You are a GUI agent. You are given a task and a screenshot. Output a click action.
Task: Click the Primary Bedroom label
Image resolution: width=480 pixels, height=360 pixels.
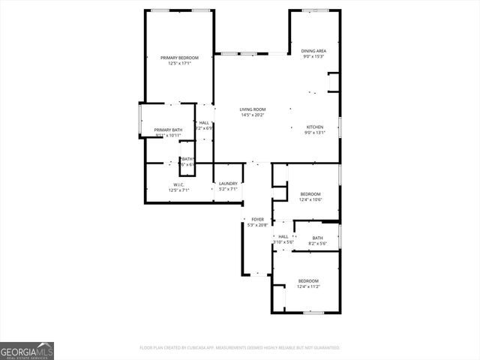click(179, 58)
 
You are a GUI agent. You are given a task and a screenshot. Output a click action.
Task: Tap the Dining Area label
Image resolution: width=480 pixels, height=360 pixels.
click(313, 51)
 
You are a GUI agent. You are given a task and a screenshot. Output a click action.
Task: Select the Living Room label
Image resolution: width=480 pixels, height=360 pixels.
click(253, 109)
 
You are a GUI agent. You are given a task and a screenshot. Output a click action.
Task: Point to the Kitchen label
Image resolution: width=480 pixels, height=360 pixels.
click(315, 127)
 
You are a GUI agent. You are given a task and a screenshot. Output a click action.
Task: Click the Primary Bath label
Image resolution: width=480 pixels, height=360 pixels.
click(168, 130)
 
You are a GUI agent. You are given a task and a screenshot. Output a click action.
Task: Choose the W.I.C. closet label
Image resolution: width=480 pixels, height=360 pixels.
click(179, 184)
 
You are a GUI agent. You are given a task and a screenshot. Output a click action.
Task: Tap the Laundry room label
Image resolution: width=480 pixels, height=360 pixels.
click(228, 183)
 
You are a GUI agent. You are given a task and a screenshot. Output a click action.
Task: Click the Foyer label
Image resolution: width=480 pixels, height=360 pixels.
click(257, 219)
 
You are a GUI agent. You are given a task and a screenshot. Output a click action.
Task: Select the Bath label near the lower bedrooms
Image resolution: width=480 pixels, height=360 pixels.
click(317, 238)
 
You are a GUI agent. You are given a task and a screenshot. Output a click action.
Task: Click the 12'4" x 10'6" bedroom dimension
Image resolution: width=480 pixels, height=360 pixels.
click(310, 199)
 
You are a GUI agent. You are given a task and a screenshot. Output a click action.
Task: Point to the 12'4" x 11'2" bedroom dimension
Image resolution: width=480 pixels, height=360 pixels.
click(308, 286)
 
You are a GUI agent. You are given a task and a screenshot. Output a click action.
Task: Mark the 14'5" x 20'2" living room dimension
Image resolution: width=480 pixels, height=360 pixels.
click(253, 115)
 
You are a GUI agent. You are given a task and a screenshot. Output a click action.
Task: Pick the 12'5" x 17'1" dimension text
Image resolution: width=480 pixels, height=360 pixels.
click(179, 64)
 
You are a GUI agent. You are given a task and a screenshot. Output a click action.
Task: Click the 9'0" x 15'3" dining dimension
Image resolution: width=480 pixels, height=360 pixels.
click(313, 57)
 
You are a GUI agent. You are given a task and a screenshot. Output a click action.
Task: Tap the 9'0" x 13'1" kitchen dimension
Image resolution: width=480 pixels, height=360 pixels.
click(315, 133)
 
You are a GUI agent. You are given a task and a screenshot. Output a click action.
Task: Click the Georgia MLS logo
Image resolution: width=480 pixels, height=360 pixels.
click(27, 350)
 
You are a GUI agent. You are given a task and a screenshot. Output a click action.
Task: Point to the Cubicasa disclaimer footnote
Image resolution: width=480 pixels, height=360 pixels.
click(240, 348)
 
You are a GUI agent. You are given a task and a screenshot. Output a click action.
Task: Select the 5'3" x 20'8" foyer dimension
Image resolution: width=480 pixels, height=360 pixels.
click(257, 225)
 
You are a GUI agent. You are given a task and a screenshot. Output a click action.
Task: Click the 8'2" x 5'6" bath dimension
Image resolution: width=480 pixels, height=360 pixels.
click(317, 244)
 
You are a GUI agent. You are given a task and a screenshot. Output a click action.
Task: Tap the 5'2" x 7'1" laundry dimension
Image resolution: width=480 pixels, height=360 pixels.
click(228, 189)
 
